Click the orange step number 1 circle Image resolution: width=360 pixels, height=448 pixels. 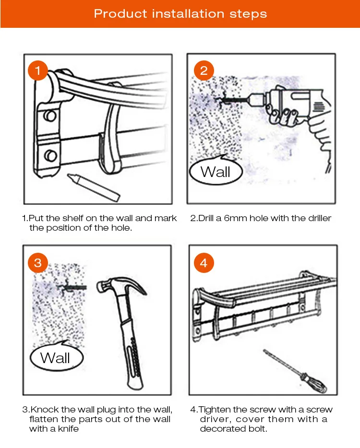(38, 71)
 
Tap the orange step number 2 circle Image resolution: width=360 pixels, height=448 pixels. (204, 71)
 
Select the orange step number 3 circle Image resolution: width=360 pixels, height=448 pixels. (38, 262)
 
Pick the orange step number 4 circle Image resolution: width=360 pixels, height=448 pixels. (204, 262)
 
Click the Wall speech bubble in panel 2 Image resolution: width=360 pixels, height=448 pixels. (216, 171)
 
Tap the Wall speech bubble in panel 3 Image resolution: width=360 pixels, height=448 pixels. (56, 357)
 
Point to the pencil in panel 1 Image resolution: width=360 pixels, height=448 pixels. (94, 187)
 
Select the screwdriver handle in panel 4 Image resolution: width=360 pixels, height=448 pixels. (315, 383)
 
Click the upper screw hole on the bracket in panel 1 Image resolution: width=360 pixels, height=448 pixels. (50, 116)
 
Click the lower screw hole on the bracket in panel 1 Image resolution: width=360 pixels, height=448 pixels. (50, 155)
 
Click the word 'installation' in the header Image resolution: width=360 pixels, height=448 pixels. (188, 13)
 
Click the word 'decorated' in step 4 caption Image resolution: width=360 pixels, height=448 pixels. (219, 429)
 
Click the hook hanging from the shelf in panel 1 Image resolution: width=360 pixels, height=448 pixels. (110, 129)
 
